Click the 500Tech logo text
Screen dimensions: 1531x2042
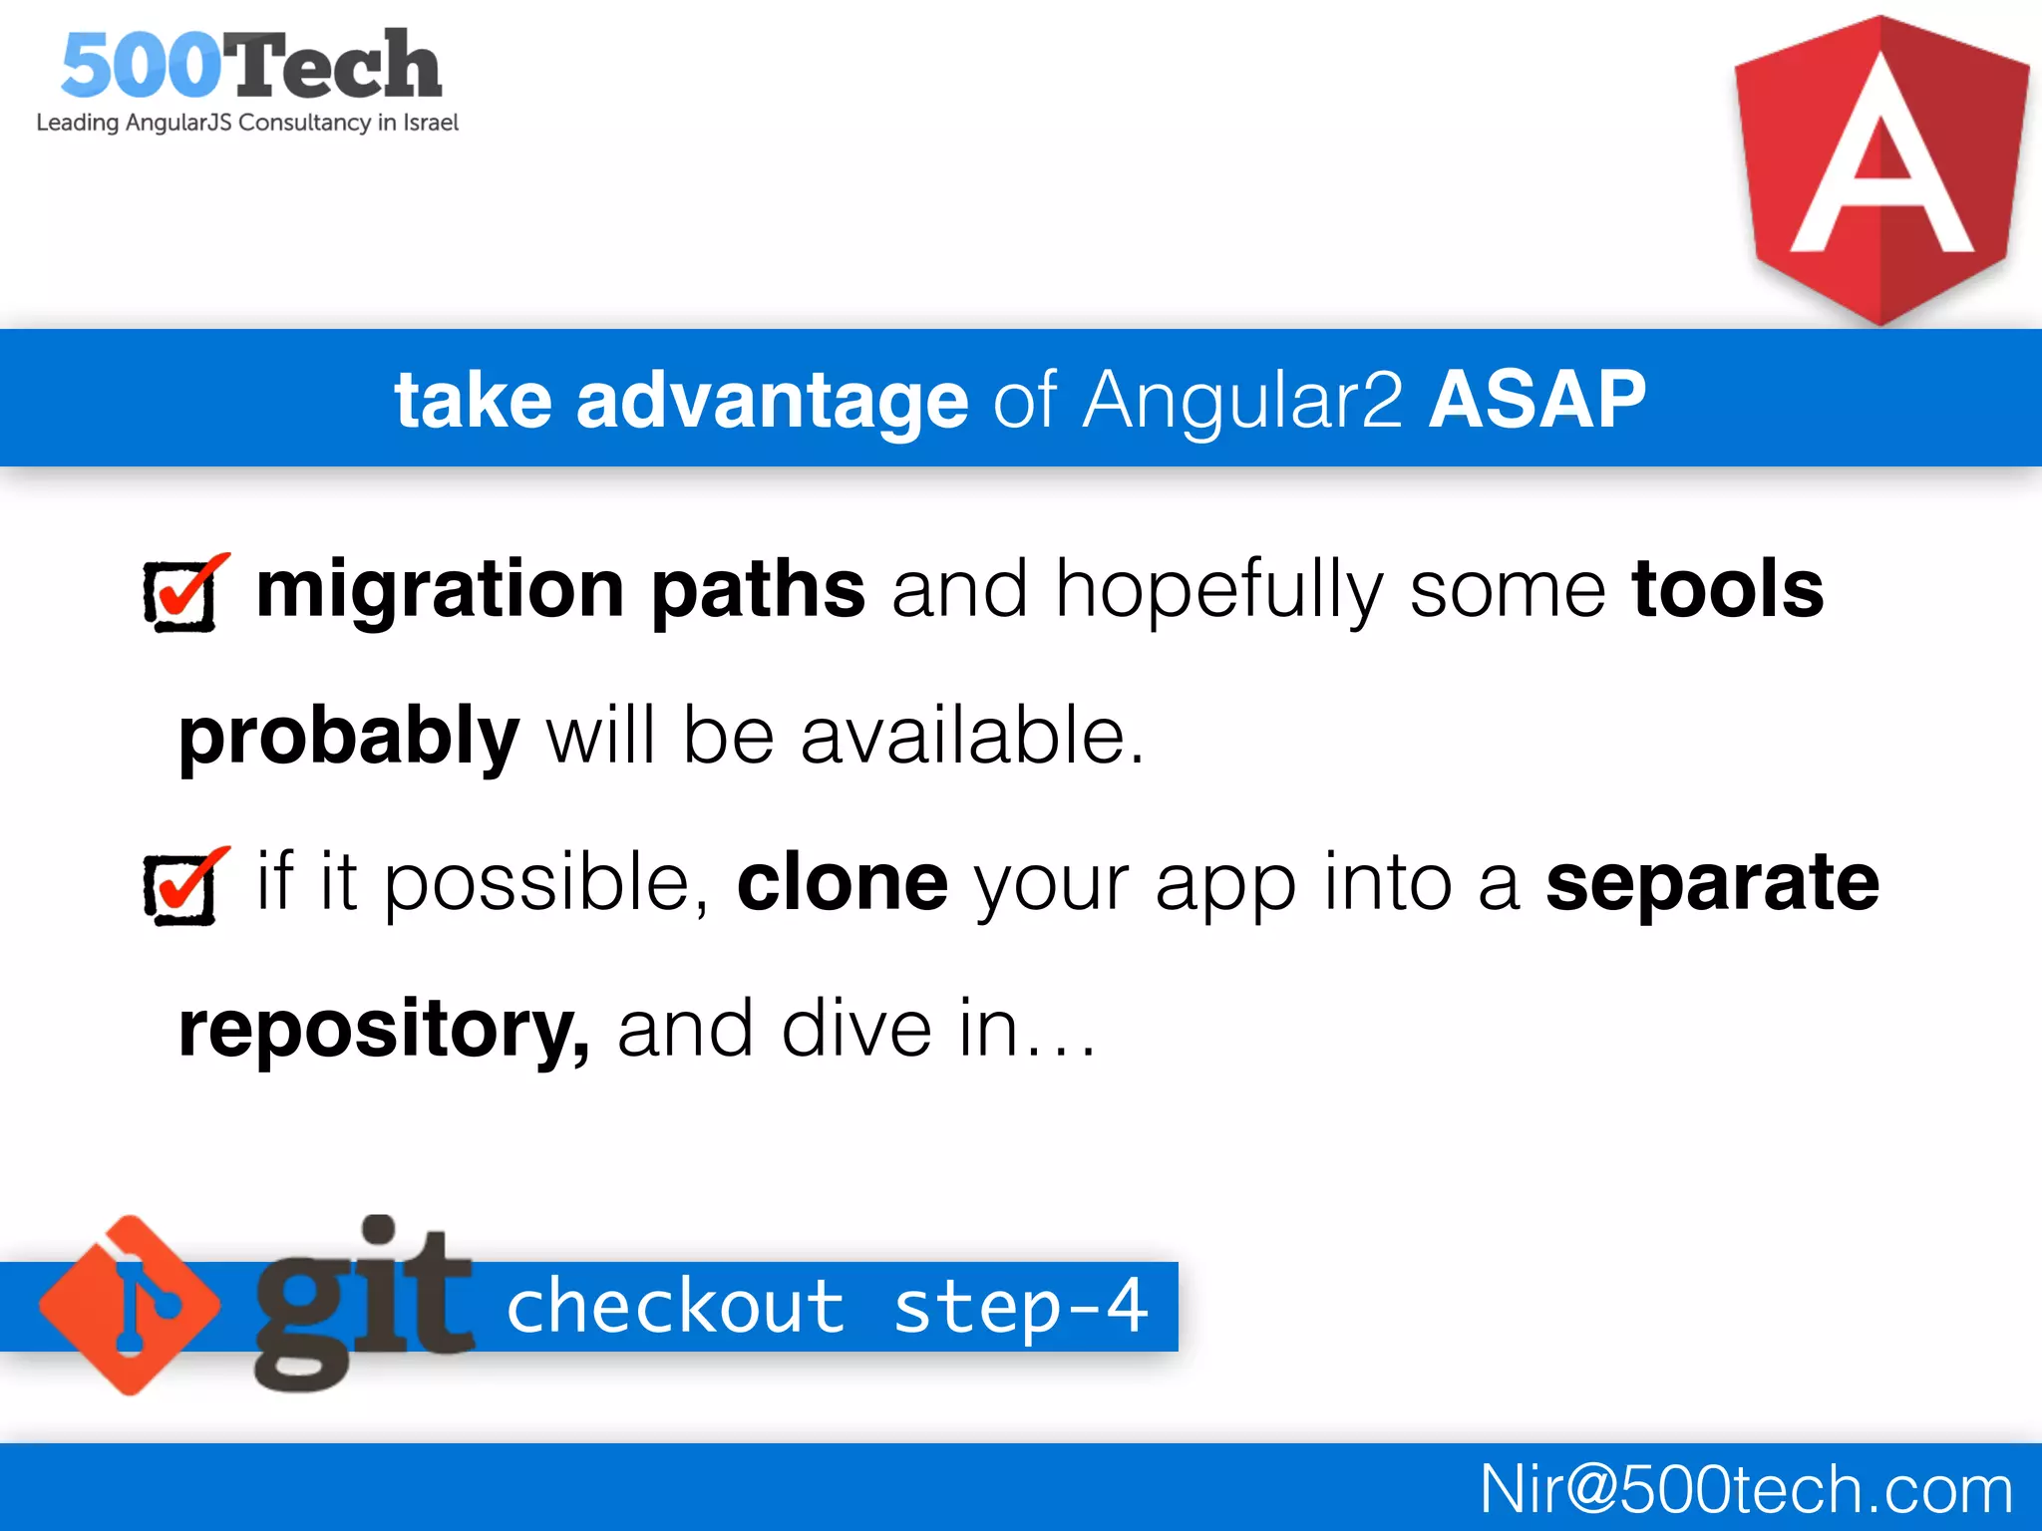[x=250, y=66]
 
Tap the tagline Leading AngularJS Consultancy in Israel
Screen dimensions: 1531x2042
[x=247, y=123]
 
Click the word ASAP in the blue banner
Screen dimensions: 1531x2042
[x=1536, y=400]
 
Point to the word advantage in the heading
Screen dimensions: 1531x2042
[x=772, y=400]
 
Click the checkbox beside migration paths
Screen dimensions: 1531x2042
[x=183, y=594]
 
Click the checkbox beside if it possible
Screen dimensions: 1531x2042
[x=183, y=887]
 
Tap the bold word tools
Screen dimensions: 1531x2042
[x=1727, y=589]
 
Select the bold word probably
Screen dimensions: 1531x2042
[x=349, y=736]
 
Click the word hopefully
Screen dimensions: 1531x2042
[x=1218, y=591]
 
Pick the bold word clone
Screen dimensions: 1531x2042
[x=842, y=882]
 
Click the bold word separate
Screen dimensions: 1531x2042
[x=1712, y=882]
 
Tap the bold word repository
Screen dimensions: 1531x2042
[x=383, y=1029]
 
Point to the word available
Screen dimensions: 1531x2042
[x=971, y=736]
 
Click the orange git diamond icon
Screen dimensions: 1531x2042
[x=130, y=1305]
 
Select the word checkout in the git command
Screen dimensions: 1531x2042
[x=676, y=1307]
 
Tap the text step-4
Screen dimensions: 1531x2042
[x=1020, y=1307]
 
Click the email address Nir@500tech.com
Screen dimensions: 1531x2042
[x=1745, y=1489]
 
